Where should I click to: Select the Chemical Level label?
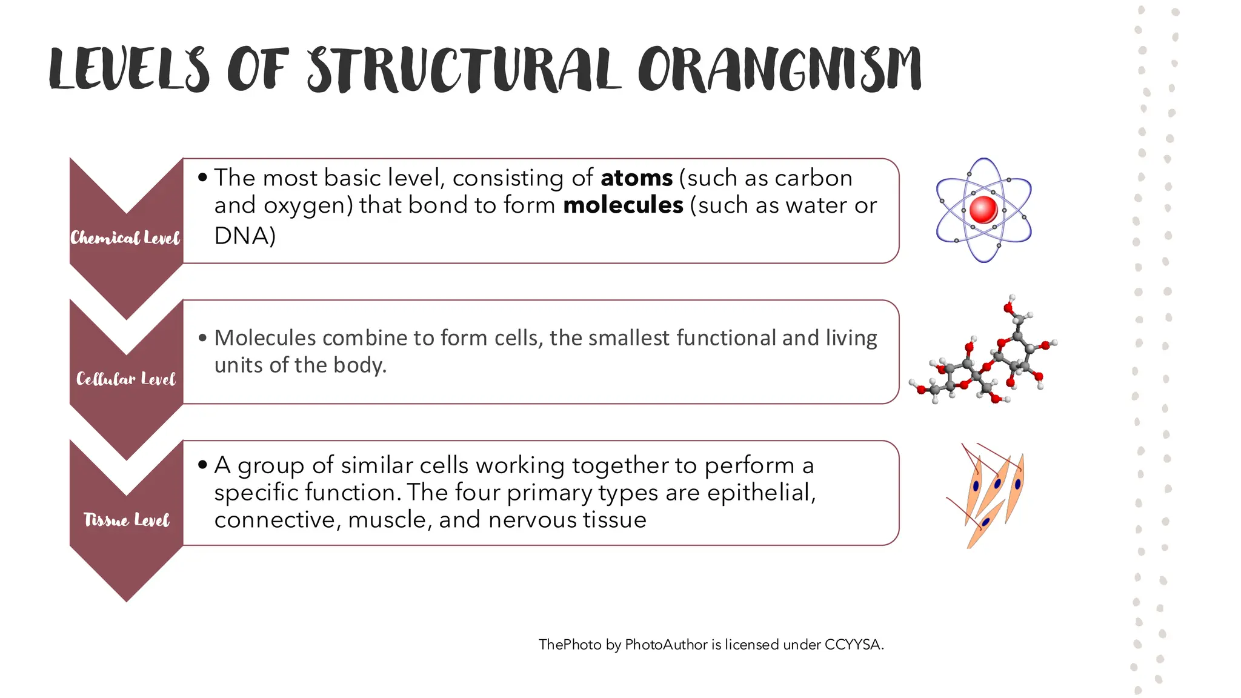(125, 238)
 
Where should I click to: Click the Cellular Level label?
(125, 379)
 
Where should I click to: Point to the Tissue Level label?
(126, 520)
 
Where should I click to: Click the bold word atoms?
(636, 178)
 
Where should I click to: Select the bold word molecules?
(623, 205)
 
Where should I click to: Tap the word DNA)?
(245, 236)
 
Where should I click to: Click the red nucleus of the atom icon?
(983, 210)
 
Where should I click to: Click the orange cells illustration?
(988, 494)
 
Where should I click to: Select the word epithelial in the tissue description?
(761, 493)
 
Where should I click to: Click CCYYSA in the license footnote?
(853, 645)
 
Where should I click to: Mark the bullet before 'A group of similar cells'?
(202, 465)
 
